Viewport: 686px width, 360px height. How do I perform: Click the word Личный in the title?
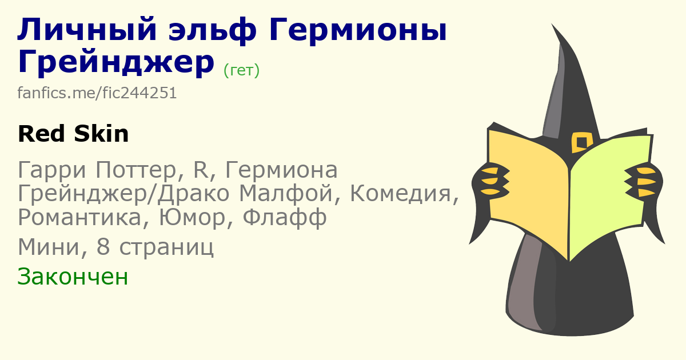tap(87, 30)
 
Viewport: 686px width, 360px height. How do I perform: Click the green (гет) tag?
tap(242, 70)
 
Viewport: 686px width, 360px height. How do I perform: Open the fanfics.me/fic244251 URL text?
tap(97, 93)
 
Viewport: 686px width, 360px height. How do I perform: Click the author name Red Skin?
tap(73, 134)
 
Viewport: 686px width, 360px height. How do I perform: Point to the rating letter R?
tap(201, 170)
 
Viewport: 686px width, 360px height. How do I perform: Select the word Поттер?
tap(136, 170)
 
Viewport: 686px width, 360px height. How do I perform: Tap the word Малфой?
tap(286, 194)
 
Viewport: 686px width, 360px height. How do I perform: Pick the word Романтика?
tap(79, 217)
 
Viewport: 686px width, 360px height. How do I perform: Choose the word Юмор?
tap(192, 217)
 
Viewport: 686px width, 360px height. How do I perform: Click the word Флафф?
tap(285, 217)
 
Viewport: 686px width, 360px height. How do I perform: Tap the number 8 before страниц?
tap(103, 247)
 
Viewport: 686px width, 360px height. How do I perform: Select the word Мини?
tap(49, 247)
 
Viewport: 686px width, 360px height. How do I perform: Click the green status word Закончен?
tap(73, 277)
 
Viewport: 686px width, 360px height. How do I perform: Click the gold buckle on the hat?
tap(581, 142)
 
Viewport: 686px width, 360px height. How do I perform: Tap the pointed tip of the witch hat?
tap(552, 24)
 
